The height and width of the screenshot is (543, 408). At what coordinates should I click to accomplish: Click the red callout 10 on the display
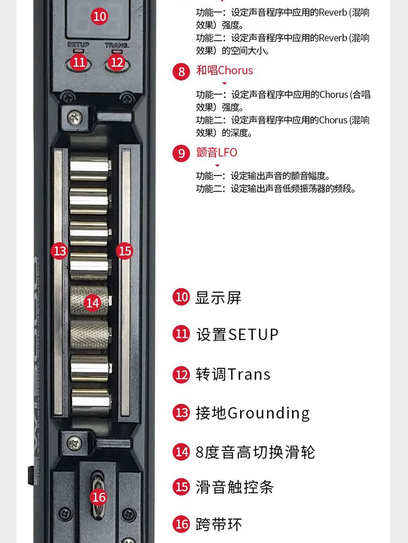pos(100,17)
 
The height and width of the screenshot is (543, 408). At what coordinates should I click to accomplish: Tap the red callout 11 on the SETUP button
pos(79,62)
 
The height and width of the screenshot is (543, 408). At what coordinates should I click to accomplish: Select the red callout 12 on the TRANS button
pos(117,62)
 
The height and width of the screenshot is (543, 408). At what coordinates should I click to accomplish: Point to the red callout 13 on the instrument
pos(60,251)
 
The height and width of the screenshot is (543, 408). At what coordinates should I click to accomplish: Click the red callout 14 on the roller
pos(92,302)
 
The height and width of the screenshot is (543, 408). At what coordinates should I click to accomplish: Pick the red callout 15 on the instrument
pos(125,251)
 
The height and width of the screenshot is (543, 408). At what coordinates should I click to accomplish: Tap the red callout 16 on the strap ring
pos(98,497)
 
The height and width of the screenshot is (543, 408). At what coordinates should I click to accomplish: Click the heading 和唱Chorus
pos(225,70)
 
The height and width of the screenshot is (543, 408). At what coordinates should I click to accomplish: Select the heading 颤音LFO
pos(217,152)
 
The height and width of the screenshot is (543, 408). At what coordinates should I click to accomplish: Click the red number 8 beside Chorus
pos(181,71)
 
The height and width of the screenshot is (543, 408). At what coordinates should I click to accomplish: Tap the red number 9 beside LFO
pos(181,153)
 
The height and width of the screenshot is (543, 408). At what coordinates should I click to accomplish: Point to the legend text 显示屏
pos(218,298)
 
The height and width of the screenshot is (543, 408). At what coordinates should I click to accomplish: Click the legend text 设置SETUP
pos(237,334)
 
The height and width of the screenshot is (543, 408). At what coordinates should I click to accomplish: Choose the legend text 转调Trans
pos(233,374)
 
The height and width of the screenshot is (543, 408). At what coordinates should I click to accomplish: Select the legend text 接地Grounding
pos(253,413)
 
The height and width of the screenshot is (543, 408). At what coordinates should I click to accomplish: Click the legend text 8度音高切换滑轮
pos(255,452)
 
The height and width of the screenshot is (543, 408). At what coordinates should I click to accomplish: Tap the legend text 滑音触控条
pos(234,487)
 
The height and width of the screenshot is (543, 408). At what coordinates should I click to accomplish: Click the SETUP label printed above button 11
pos(79,45)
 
